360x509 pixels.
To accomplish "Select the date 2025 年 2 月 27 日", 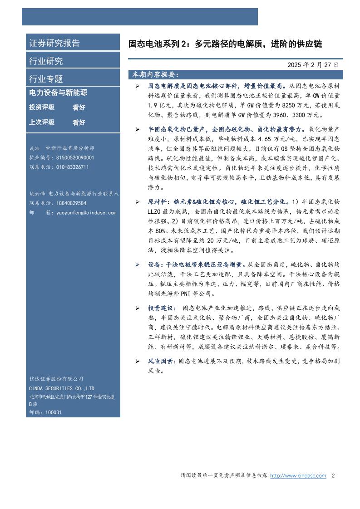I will (313, 65).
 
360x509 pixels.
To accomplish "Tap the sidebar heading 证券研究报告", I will (54, 43).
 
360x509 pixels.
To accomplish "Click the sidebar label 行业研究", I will (46, 61).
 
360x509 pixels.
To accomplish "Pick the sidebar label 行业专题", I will (46, 78).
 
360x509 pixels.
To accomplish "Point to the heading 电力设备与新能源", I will (58, 93).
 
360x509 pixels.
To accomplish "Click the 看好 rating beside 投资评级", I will (79, 108).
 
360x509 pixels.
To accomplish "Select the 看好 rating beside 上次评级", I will (79, 122).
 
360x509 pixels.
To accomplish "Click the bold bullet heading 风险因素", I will (162, 361).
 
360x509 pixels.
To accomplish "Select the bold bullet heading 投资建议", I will (162, 308).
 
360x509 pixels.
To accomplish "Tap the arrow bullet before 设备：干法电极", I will (137, 264).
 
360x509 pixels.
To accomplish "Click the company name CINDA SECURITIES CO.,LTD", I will (62, 388).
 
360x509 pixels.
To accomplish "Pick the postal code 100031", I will (54, 412).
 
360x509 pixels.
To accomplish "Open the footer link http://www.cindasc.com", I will (298, 476).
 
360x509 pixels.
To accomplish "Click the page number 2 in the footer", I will (333, 476).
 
